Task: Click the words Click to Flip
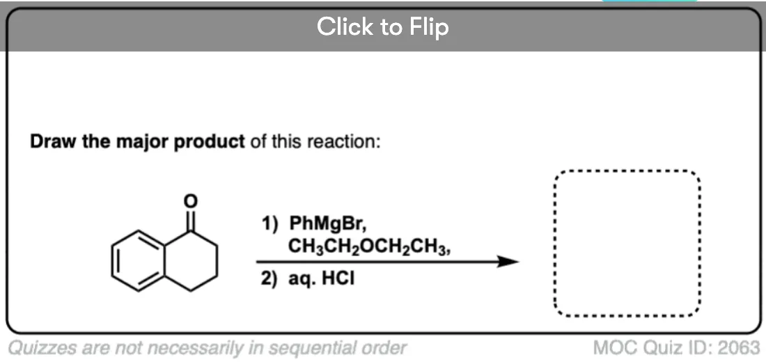point(382,26)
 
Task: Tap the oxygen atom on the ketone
point(191,200)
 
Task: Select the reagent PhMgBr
point(327,226)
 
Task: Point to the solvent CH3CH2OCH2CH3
point(369,248)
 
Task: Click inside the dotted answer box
point(627,243)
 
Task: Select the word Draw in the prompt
point(49,142)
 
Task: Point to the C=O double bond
point(191,220)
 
